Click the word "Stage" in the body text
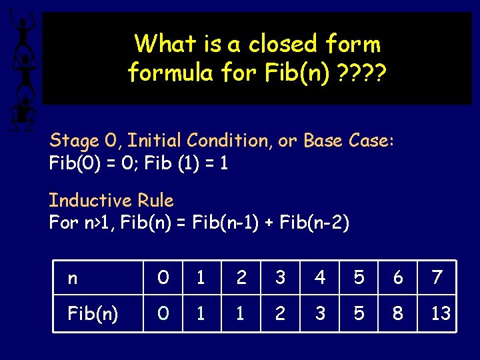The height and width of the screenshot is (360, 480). click(73, 141)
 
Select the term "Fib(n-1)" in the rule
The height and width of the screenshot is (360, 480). click(223, 223)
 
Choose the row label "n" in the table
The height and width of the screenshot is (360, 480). click(72, 277)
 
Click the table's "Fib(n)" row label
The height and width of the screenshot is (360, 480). click(93, 313)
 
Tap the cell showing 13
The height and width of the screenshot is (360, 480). click(441, 313)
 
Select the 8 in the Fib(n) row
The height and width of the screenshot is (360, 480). click(398, 313)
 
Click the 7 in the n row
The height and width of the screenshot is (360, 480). click(437, 277)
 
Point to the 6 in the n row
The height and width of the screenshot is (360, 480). click(398, 277)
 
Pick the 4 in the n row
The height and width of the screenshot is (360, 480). click(320, 277)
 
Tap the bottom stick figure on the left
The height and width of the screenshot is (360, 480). click(22, 110)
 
